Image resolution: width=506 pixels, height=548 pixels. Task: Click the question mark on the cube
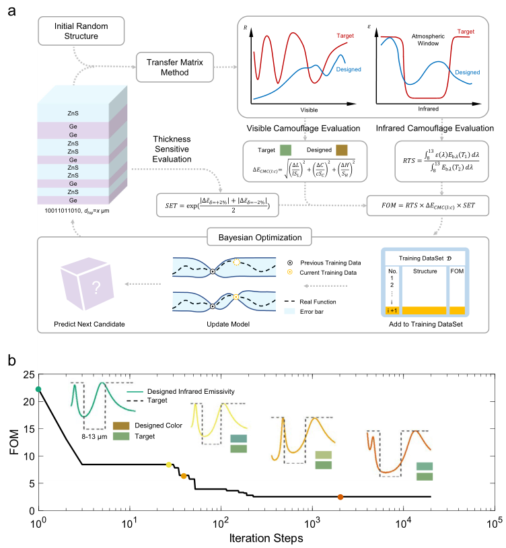(x=97, y=289)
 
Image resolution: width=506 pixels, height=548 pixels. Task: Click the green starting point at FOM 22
(x=38, y=389)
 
